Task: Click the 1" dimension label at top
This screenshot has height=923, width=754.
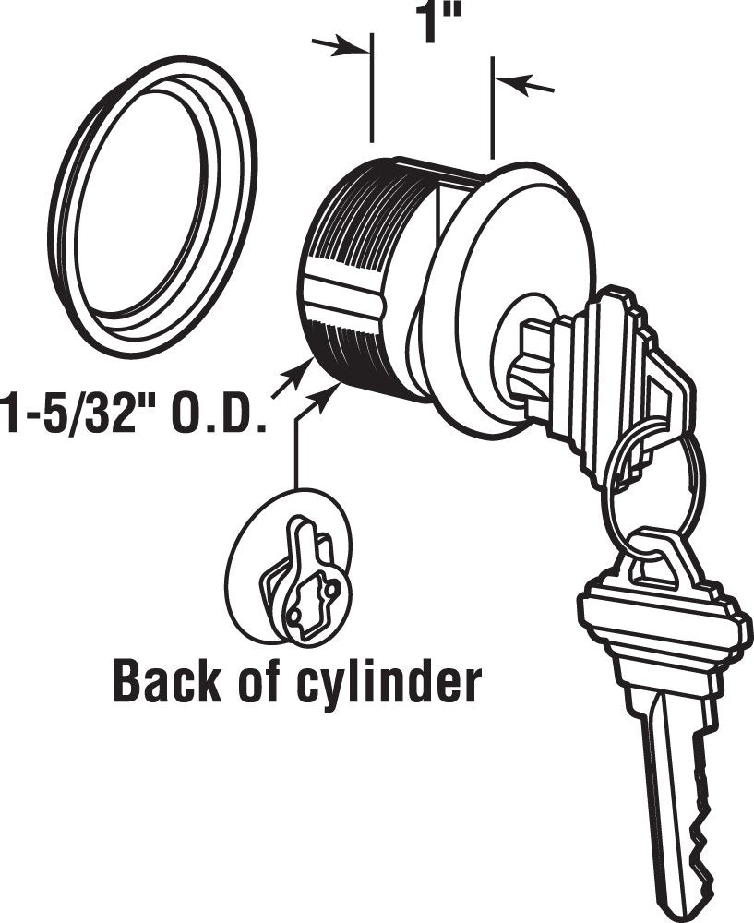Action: click(x=437, y=24)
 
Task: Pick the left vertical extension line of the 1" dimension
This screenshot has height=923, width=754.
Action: click(x=371, y=89)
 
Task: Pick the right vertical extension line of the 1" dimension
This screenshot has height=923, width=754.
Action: click(x=493, y=108)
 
